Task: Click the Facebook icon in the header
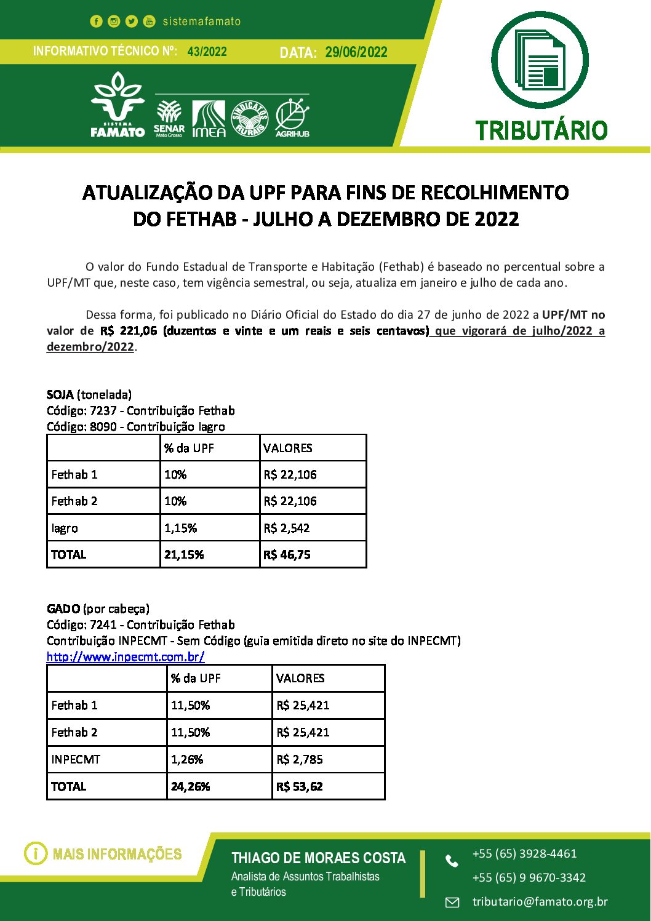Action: (x=96, y=22)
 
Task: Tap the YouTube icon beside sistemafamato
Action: (x=150, y=22)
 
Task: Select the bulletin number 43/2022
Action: (x=207, y=52)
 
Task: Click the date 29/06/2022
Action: (x=356, y=52)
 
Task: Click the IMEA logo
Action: (x=209, y=119)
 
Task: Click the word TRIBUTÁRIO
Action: (x=541, y=130)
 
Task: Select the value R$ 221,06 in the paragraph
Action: (x=129, y=331)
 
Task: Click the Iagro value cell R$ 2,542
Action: (x=287, y=528)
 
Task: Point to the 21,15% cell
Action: (x=184, y=554)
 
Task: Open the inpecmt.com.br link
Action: (x=126, y=656)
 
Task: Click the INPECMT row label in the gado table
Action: (x=76, y=759)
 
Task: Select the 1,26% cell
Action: (x=187, y=759)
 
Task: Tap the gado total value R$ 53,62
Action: (x=300, y=786)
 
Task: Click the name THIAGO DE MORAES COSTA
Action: (x=318, y=858)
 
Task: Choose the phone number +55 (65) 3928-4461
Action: (x=524, y=853)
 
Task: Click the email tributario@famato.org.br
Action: (x=540, y=901)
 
